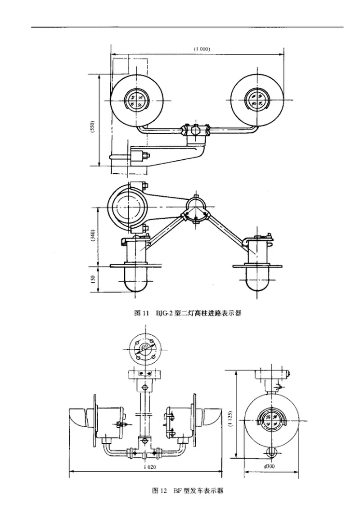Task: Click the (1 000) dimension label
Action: [202, 49]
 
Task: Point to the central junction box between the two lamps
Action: [196, 131]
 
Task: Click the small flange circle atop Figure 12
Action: [145, 346]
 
